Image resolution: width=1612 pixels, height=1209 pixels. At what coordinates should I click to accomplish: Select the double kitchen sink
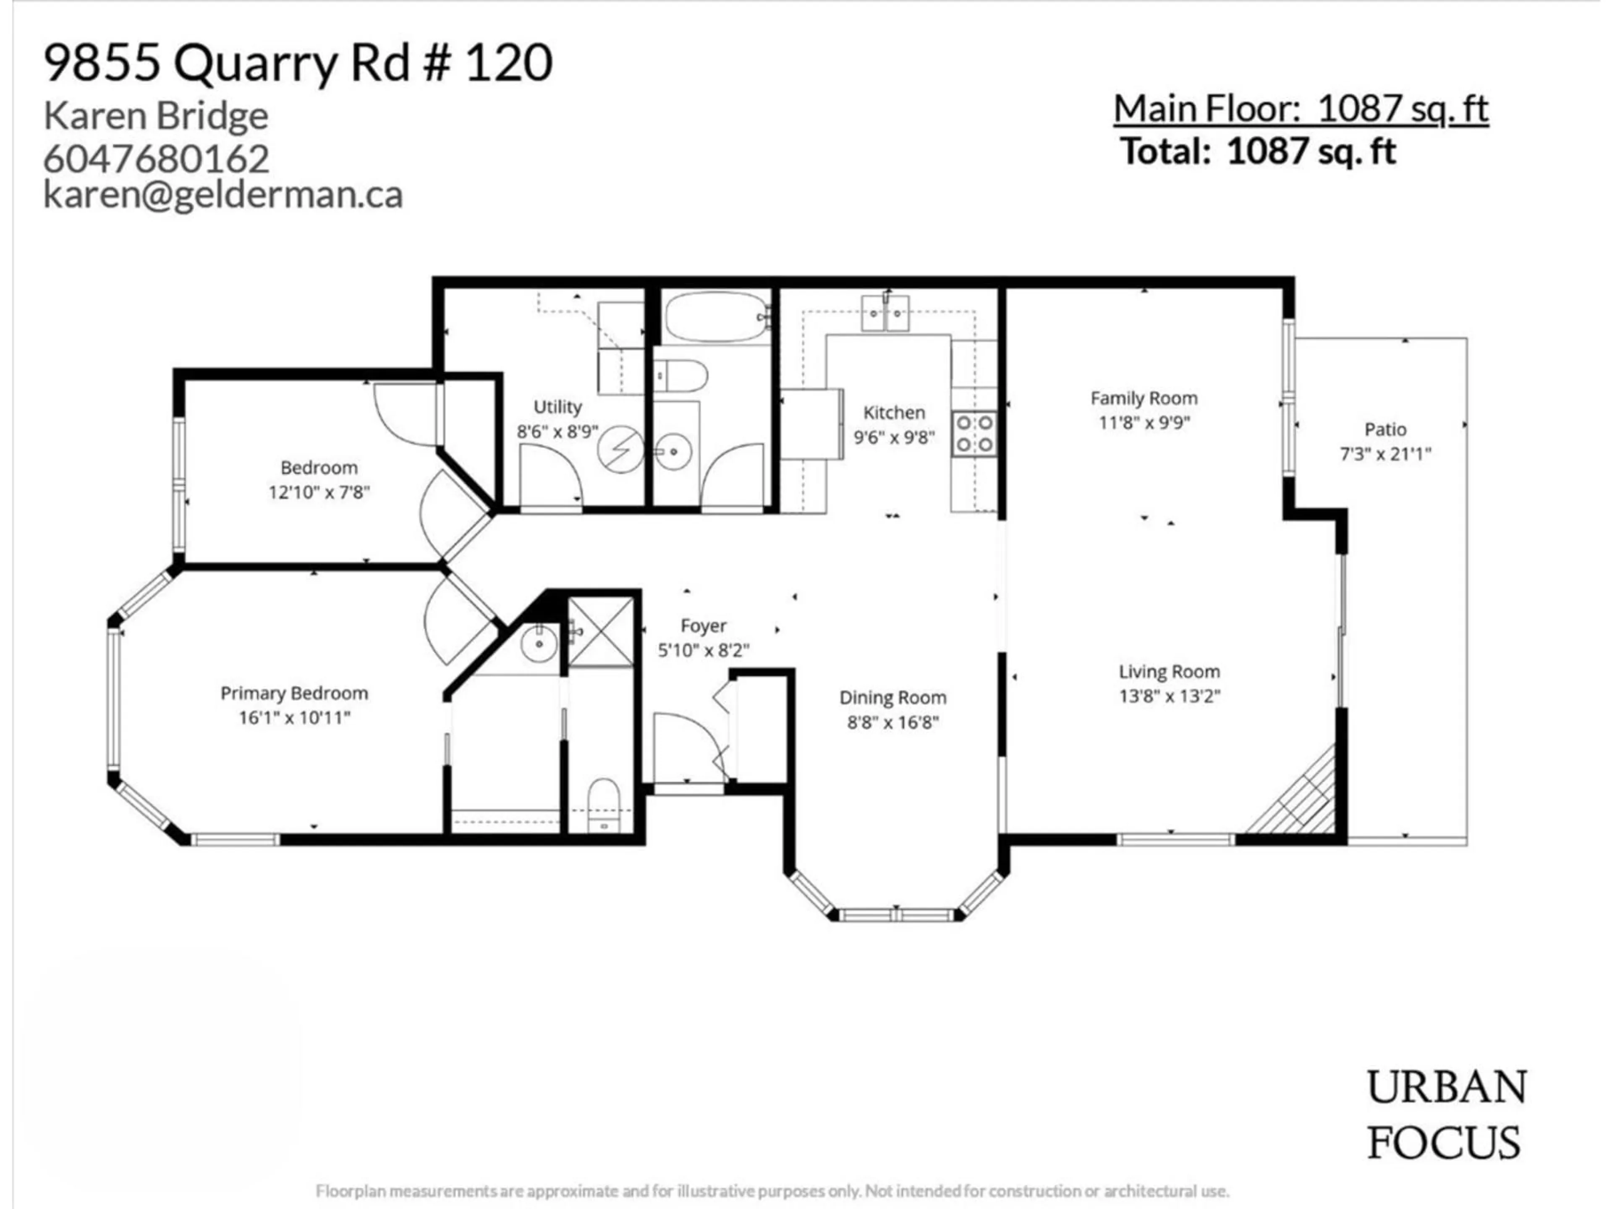point(885,313)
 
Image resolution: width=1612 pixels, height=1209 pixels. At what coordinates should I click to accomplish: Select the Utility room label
point(557,407)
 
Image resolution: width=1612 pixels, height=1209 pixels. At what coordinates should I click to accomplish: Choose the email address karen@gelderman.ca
point(223,195)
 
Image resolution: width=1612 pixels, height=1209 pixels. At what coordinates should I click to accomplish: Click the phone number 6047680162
point(157,159)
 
